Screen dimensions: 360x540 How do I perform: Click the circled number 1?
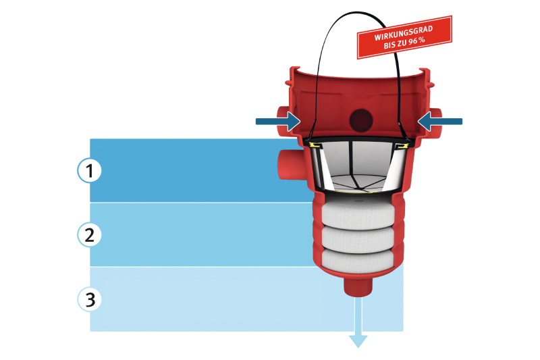[89, 171]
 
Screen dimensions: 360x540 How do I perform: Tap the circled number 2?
[89, 234]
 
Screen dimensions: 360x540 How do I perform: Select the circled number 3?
[89, 299]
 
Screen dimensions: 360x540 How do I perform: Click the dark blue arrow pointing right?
[278, 122]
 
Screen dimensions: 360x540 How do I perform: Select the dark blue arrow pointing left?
[440, 121]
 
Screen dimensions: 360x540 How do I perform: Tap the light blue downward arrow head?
[358, 339]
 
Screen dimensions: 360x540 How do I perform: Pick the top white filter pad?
[358, 215]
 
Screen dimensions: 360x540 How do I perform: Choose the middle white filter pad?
[358, 236]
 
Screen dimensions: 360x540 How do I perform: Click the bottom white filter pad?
[358, 259]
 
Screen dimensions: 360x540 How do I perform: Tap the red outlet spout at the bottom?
[358, 286]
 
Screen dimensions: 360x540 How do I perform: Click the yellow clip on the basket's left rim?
[315, 144]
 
